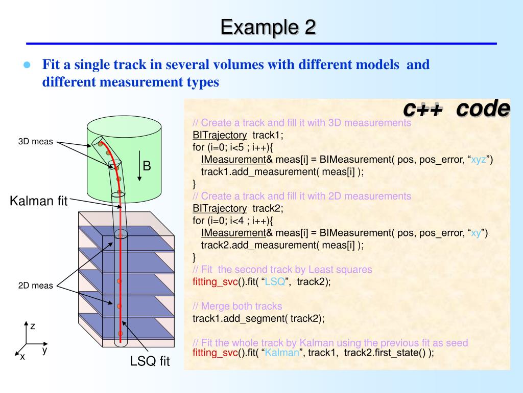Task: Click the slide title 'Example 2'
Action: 268,27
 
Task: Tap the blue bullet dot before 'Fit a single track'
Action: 27,65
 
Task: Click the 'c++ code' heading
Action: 456,108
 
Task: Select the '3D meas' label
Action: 36,142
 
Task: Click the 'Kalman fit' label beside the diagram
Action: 39,201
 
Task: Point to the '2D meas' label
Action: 36,286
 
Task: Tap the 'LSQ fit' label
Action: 150,362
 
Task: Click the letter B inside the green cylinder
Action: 147,166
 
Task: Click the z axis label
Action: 32,325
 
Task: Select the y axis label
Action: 45,350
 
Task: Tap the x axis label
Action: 22,357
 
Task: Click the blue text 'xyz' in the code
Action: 479,160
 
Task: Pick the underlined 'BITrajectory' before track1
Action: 220,135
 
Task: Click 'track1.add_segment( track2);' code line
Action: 258,318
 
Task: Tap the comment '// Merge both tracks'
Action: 237,306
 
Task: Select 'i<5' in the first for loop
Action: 225,147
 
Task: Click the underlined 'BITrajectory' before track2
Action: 220,208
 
